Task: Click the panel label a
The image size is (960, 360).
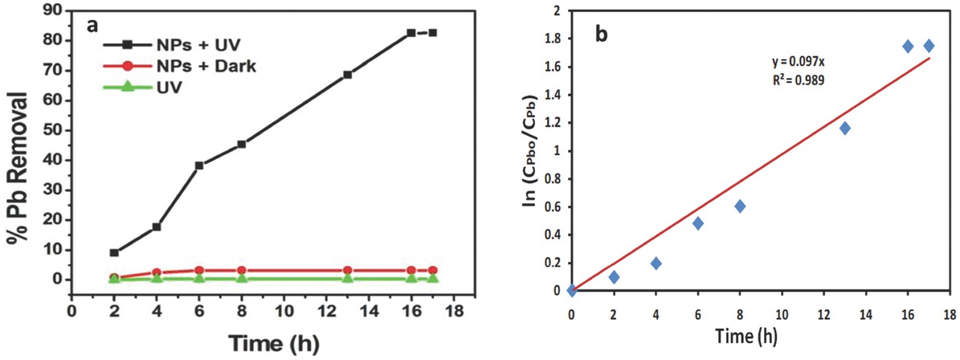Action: tap(92, 24)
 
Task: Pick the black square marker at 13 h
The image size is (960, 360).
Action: tap(348, 75)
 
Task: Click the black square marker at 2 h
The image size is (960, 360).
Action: tap(114, 252)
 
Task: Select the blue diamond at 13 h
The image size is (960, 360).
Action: tap(844, 129)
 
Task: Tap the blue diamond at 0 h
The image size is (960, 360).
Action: tap(571, 290)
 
